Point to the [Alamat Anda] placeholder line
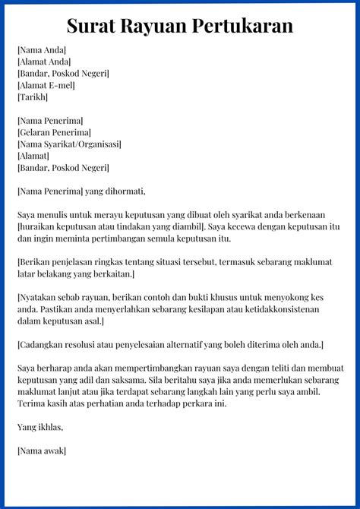coord(44,62)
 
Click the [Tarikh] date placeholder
coord(33,97)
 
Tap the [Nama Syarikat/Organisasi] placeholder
coord(69,144)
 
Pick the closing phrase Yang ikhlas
coord(41,427)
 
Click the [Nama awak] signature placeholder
coord(41,451)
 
